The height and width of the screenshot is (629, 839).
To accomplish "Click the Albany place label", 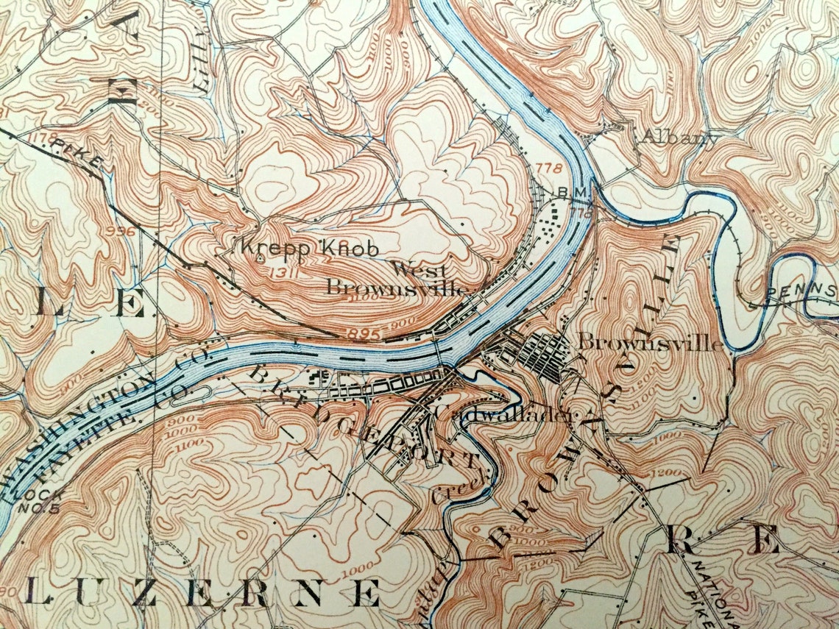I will [x=679, y=137].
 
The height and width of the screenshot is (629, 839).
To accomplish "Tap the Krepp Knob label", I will [x=306, y=249].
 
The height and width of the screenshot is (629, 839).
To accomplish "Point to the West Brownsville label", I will [x=398, y=279].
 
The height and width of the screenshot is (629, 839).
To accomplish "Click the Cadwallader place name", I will [x=503, y=415].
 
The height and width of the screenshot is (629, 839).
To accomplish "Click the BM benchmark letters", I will [x=573, y=192].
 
